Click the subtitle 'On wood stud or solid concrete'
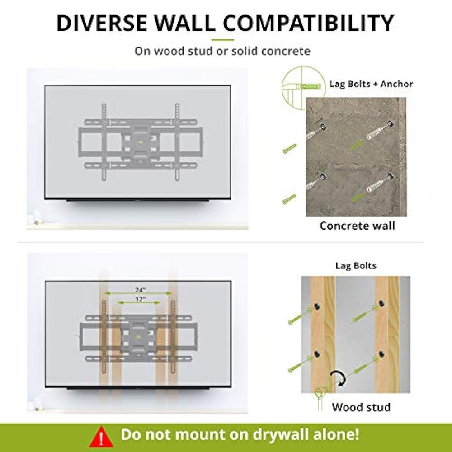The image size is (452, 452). [222, 51]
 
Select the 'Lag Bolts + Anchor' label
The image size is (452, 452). [371, 84]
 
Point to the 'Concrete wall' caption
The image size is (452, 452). [357, 226]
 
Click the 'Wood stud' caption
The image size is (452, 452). [361, 407]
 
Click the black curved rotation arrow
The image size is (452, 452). [340, 377]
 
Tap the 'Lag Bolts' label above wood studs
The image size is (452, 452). [355, 266]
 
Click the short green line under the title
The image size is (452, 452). [223, 40]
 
